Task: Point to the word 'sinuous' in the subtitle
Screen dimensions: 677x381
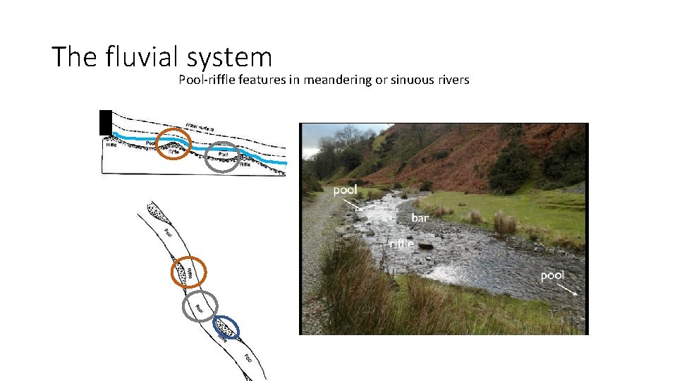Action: coord(410,80)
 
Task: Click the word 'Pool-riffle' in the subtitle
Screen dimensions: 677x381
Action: coord(207,80)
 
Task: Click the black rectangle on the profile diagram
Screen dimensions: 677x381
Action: coord(106,122)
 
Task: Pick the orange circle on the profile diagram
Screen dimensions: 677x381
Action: coord(173,143)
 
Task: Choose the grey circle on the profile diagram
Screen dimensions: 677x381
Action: coord(222,156)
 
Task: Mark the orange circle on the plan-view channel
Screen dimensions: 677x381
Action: coord(189,272)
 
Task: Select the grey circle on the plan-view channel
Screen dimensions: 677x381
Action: coord(200,306)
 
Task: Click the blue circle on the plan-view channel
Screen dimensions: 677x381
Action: coord(226,327)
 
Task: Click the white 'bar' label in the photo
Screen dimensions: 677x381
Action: coord(420,218)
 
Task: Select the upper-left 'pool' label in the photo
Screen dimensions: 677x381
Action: coord(345,189)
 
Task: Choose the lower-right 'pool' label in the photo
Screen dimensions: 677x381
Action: coord(552,275)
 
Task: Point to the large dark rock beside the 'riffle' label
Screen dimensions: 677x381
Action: coord(425,245)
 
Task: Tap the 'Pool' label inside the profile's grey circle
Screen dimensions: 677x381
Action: coord(224,153)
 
